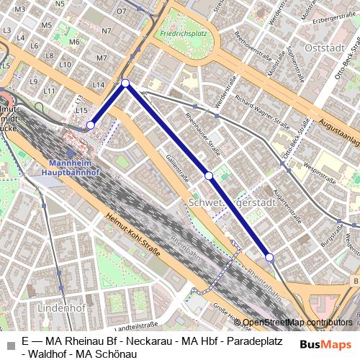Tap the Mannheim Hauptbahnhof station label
75,168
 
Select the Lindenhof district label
62,307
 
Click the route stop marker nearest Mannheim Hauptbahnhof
91,125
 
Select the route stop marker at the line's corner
125,84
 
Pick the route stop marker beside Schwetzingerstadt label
208,176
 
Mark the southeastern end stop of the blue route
269,257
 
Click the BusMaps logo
325,344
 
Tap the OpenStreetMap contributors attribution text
297,323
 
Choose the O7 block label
121,12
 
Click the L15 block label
81,110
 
